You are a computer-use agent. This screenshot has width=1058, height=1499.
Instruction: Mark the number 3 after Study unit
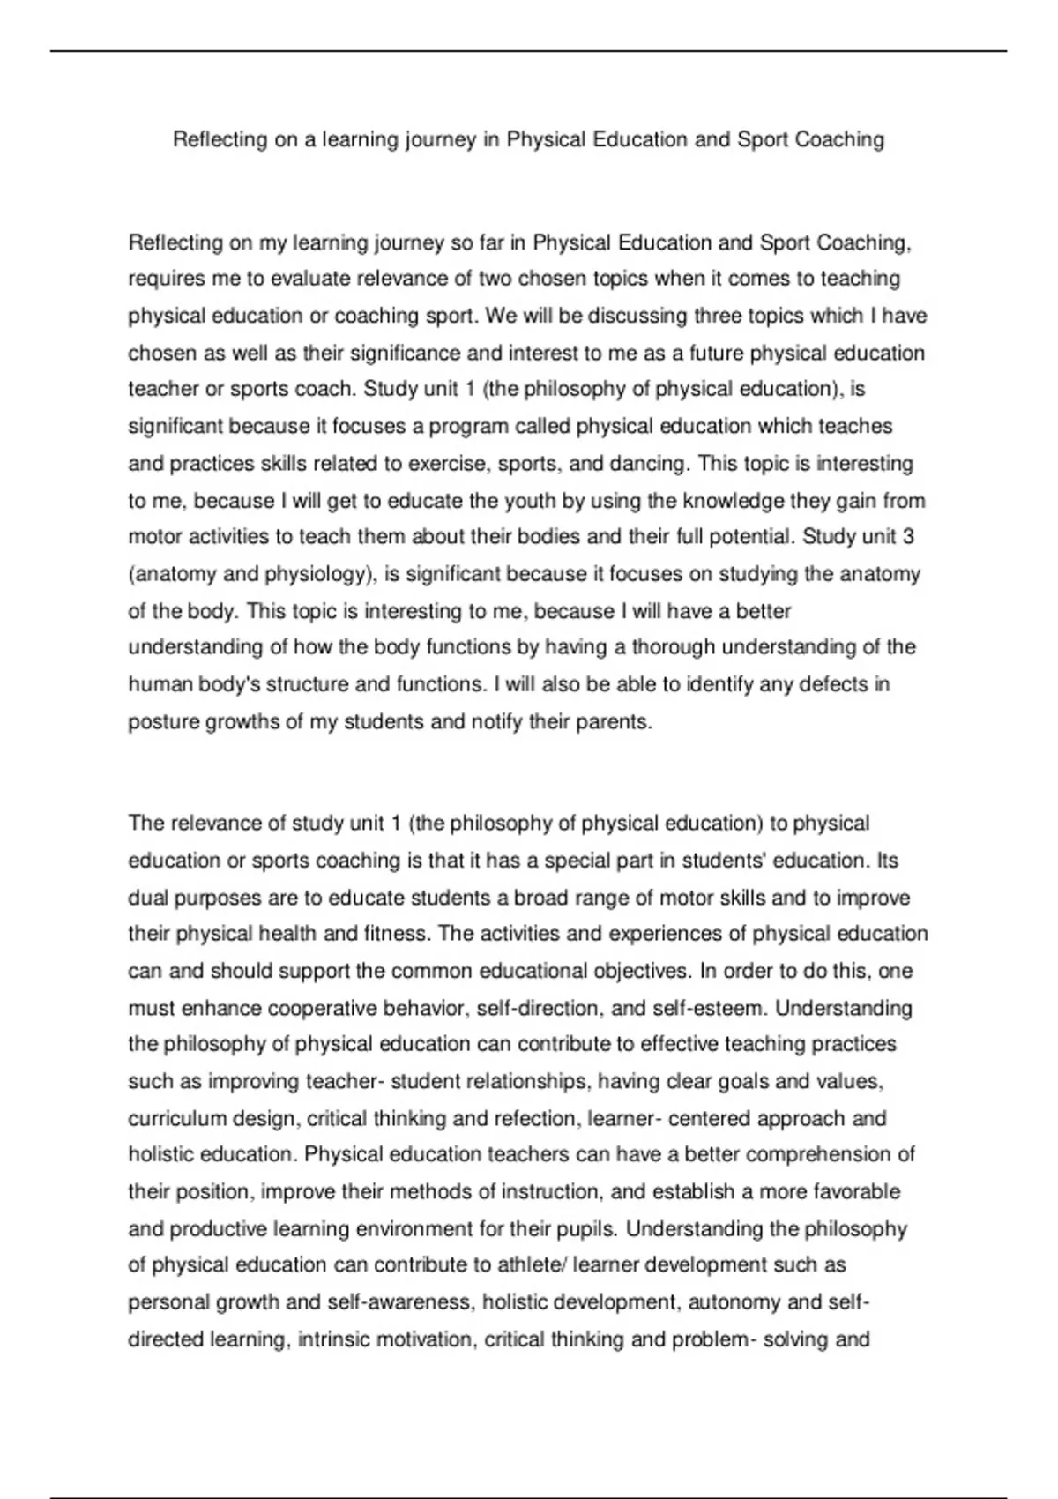(x=908, y=537)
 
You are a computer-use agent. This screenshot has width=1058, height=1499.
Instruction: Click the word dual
(x=148, y=898)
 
